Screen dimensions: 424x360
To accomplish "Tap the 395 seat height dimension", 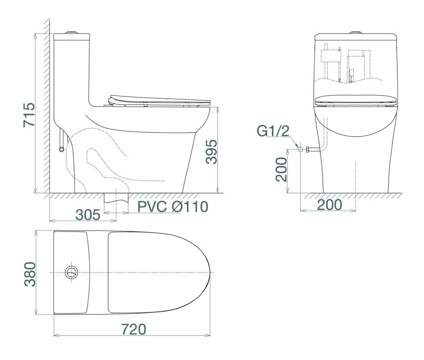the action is click(x=211, y=152).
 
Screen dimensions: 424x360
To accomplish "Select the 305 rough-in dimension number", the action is click(x=88, y=215).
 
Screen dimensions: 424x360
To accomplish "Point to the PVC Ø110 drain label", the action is click(x=173, y=207).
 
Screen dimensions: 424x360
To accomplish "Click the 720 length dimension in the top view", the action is click(x=134, y=329).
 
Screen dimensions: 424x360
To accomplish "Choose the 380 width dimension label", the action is click(x=30, y=274).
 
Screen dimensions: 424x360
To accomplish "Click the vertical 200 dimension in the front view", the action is click(x=281, y=169).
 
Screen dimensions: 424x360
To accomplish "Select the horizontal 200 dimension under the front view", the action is click(x=330, y=204).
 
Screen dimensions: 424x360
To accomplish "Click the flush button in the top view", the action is click(x=72, y=272).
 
